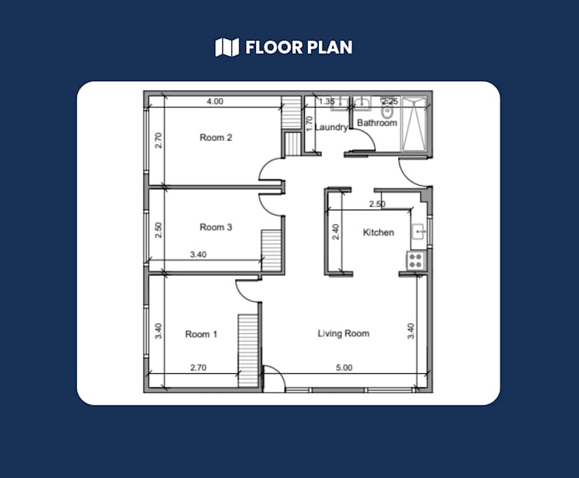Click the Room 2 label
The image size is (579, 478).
tap(215, 138)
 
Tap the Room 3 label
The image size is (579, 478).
tap(215, 227)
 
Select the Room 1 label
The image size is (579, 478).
tap(201, 334)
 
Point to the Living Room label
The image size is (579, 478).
tap(343, 333)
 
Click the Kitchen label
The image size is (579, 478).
tap(378, 232)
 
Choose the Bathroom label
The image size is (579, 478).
tap(377, 122)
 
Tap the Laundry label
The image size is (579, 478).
tap(331, 127)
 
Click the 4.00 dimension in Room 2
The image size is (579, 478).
tap(215, 101)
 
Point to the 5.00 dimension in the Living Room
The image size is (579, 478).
tap(344, 368)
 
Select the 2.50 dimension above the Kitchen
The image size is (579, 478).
tap(377, 204)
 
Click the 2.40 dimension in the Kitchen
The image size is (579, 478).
tap(336, 232)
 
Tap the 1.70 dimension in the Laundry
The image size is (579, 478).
tap(310, 124)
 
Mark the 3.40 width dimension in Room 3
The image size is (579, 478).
tap(199, 254)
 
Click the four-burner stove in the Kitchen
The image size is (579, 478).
tap(415, 260)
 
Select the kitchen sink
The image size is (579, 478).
tap(418, 231)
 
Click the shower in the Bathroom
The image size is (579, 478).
tap(414, 124)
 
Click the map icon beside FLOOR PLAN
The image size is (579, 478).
tap(227, 48)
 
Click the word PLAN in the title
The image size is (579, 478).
tap(330, 48)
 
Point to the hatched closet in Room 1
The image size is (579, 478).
tap(248, 351)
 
